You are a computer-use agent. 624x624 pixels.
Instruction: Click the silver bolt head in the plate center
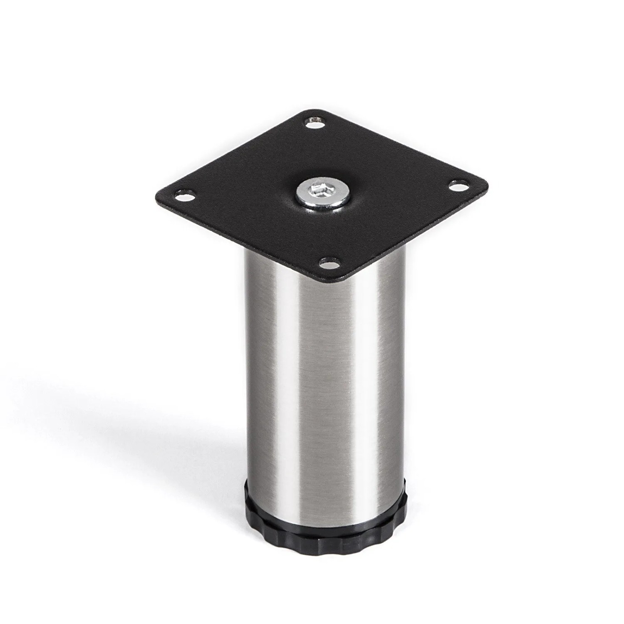(x=321, y=193)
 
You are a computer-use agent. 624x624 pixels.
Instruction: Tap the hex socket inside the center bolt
(x=320, y=192)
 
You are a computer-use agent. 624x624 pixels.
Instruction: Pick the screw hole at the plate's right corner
(x=458, y=186)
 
